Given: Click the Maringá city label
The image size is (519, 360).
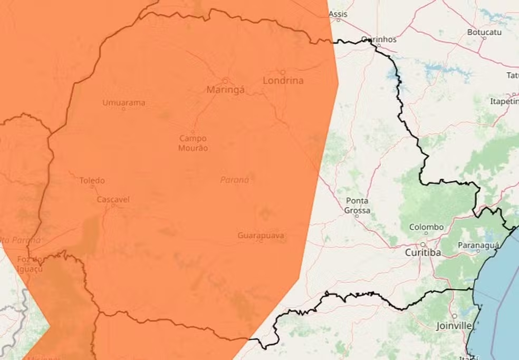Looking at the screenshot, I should tap(225, 90).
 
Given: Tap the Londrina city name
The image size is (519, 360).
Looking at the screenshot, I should tap(283, 81).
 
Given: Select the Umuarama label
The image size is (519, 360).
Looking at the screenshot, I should tap(123, 103).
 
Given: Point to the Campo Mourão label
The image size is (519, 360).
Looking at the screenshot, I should tap(193, 143).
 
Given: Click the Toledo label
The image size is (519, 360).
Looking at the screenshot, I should tap(92, 180).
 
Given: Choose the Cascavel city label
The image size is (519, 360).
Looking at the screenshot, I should tap(113, 200).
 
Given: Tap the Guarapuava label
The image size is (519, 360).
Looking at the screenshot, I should tap(261, 236).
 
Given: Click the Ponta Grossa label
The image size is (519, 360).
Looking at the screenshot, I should tap(358, 206).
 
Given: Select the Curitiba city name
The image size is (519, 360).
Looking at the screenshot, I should tap(422, 253).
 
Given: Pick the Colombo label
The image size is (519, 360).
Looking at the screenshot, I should tap(426, 227).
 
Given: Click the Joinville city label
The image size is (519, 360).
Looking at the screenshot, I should tap(454, 326).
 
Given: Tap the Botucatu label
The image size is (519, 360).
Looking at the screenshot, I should tap(484, 32).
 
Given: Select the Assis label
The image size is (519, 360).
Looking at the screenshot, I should tap(338, 14).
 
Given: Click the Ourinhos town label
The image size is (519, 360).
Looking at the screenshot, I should tap(379, 40).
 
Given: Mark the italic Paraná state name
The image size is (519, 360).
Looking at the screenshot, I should tap(234, 180).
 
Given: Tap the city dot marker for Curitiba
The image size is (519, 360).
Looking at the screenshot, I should tap(422, 245).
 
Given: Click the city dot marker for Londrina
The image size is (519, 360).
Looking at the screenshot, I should tap(282, 72).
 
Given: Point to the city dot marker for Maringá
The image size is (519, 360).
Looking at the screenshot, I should tap(225, 81).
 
